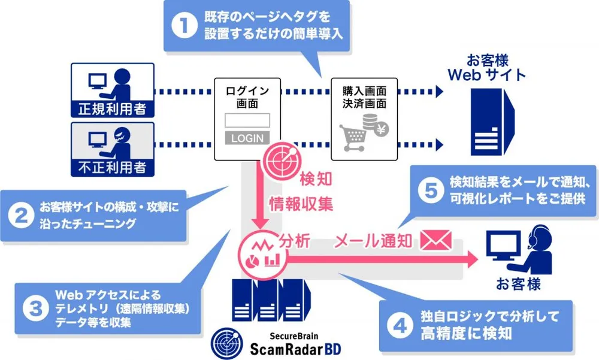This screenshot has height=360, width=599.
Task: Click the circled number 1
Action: point(185,26)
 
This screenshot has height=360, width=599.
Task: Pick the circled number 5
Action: point(428,190)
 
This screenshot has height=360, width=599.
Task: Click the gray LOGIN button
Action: point(247,138)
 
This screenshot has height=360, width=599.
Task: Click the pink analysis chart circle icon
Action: point(261,252)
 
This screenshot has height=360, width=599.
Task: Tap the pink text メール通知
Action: point(373,241)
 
